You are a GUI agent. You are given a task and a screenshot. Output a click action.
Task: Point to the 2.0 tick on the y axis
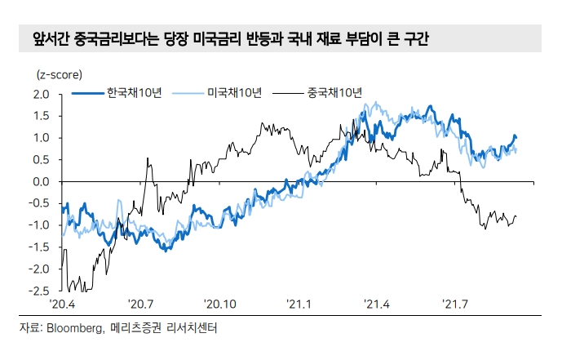(x=40, y=94)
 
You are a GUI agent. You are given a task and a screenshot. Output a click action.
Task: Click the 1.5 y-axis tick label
(x=40, y=116)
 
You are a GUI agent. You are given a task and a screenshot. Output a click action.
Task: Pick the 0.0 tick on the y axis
(x=40, y=181)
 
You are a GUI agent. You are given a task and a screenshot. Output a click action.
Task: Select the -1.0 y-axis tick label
(x=38, y=224)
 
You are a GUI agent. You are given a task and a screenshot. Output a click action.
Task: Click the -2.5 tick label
(x=38, y=290)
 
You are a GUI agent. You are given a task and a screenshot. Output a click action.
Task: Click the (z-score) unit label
(x=59, y=74)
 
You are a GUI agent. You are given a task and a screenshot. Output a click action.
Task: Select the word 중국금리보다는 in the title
(x=98, y=38)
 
